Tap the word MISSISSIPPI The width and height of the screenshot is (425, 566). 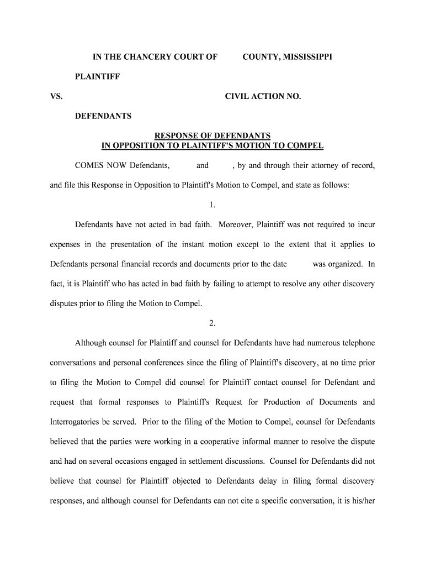pos(308,57)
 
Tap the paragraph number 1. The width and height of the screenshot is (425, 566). pos(212,205)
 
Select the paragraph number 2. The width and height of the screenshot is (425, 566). pos(212,323)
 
